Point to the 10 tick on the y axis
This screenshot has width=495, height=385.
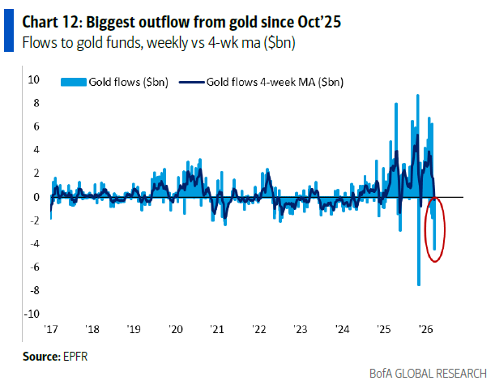(34, 80)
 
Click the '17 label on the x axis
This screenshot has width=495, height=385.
(51, 330)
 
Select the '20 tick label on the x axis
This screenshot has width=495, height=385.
(176, 330)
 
